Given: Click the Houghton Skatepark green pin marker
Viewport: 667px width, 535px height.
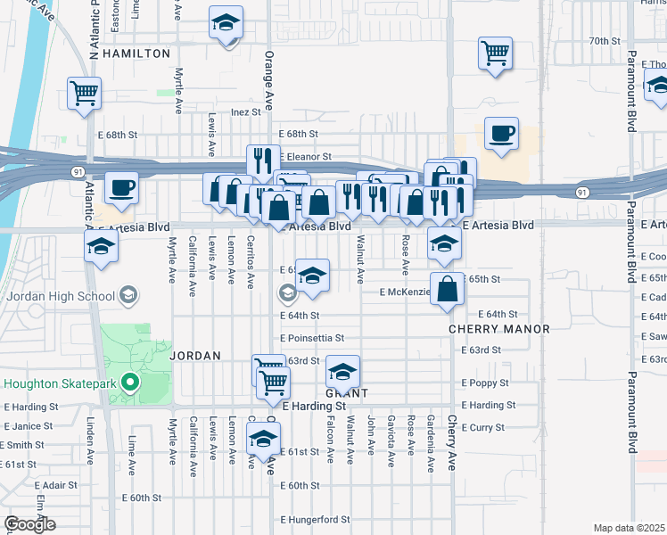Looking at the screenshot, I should (x=130, y=383).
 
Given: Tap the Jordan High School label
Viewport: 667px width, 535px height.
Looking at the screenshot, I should (x=62, y=296).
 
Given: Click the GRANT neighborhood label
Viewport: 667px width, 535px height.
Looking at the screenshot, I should (x=346, y=393).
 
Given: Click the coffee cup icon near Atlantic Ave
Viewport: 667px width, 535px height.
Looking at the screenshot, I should (x=121, y=189).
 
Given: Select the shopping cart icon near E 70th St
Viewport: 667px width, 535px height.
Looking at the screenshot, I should (x=495, y=52).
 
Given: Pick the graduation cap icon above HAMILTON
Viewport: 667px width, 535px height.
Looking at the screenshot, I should (x=226, y=22).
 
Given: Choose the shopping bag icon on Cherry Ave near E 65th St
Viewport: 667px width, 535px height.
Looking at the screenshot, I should (x=448, y=289).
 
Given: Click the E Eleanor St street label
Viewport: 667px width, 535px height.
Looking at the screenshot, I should (x=305, y=156).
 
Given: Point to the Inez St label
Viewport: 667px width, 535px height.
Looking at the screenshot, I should (x=246, y=112).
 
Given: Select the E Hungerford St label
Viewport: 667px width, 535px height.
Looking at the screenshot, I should (x=315, y=519).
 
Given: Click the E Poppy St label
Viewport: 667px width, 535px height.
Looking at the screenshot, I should (x=485, y=383).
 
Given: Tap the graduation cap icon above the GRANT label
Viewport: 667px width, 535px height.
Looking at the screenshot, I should (x=342, y=372).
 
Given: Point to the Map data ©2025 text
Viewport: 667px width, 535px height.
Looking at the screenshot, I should (x=630, y=528).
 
